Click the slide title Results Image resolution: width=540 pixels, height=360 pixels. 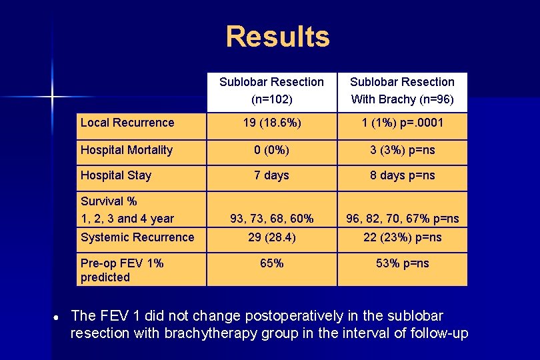pos(277,37)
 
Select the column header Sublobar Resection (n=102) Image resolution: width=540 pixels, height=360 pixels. pos(271,91)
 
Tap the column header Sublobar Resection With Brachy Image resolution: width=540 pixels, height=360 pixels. pos(402,91)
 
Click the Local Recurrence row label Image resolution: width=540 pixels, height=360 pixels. pos(127,123)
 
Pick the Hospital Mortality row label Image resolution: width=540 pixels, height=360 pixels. pos(127,150)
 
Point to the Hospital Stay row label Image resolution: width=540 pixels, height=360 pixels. pos(116,175)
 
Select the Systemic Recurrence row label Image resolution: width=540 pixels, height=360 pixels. pos(137,237)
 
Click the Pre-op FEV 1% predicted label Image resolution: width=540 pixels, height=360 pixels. pos(122,270)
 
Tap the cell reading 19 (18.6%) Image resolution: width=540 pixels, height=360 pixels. pos(271,123)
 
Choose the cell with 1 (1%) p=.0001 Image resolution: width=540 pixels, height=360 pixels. pos(402,123)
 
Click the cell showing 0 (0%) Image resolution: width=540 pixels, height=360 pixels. pos(271,150)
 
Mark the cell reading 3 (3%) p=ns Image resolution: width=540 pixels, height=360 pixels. pos(402,150)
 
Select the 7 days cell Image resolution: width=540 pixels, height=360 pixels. pos(271,175)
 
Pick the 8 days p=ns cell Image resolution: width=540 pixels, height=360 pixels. pos(402,175)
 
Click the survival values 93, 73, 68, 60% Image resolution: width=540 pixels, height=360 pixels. pos(271,219)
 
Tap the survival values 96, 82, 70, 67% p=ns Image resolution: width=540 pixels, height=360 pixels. pos(402,219)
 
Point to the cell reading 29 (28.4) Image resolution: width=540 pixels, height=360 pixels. pos(271,237)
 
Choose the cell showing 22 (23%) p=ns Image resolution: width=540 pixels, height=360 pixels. pos(402,237)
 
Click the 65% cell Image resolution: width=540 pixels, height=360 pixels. pos(271,263)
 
